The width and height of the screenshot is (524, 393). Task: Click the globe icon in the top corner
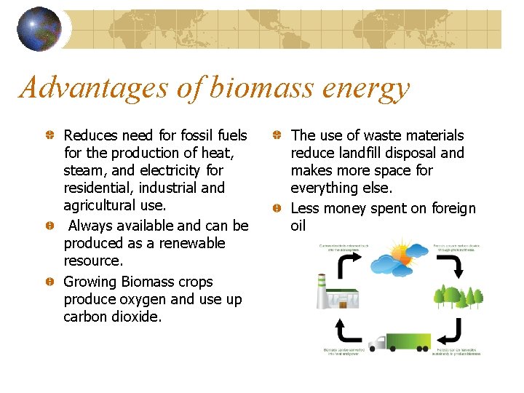[39, 29]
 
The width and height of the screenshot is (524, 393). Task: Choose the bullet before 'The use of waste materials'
[277, 136]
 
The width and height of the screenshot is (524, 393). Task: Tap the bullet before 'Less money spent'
[277, 209]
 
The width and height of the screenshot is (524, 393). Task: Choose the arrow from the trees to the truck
[452, 331]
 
